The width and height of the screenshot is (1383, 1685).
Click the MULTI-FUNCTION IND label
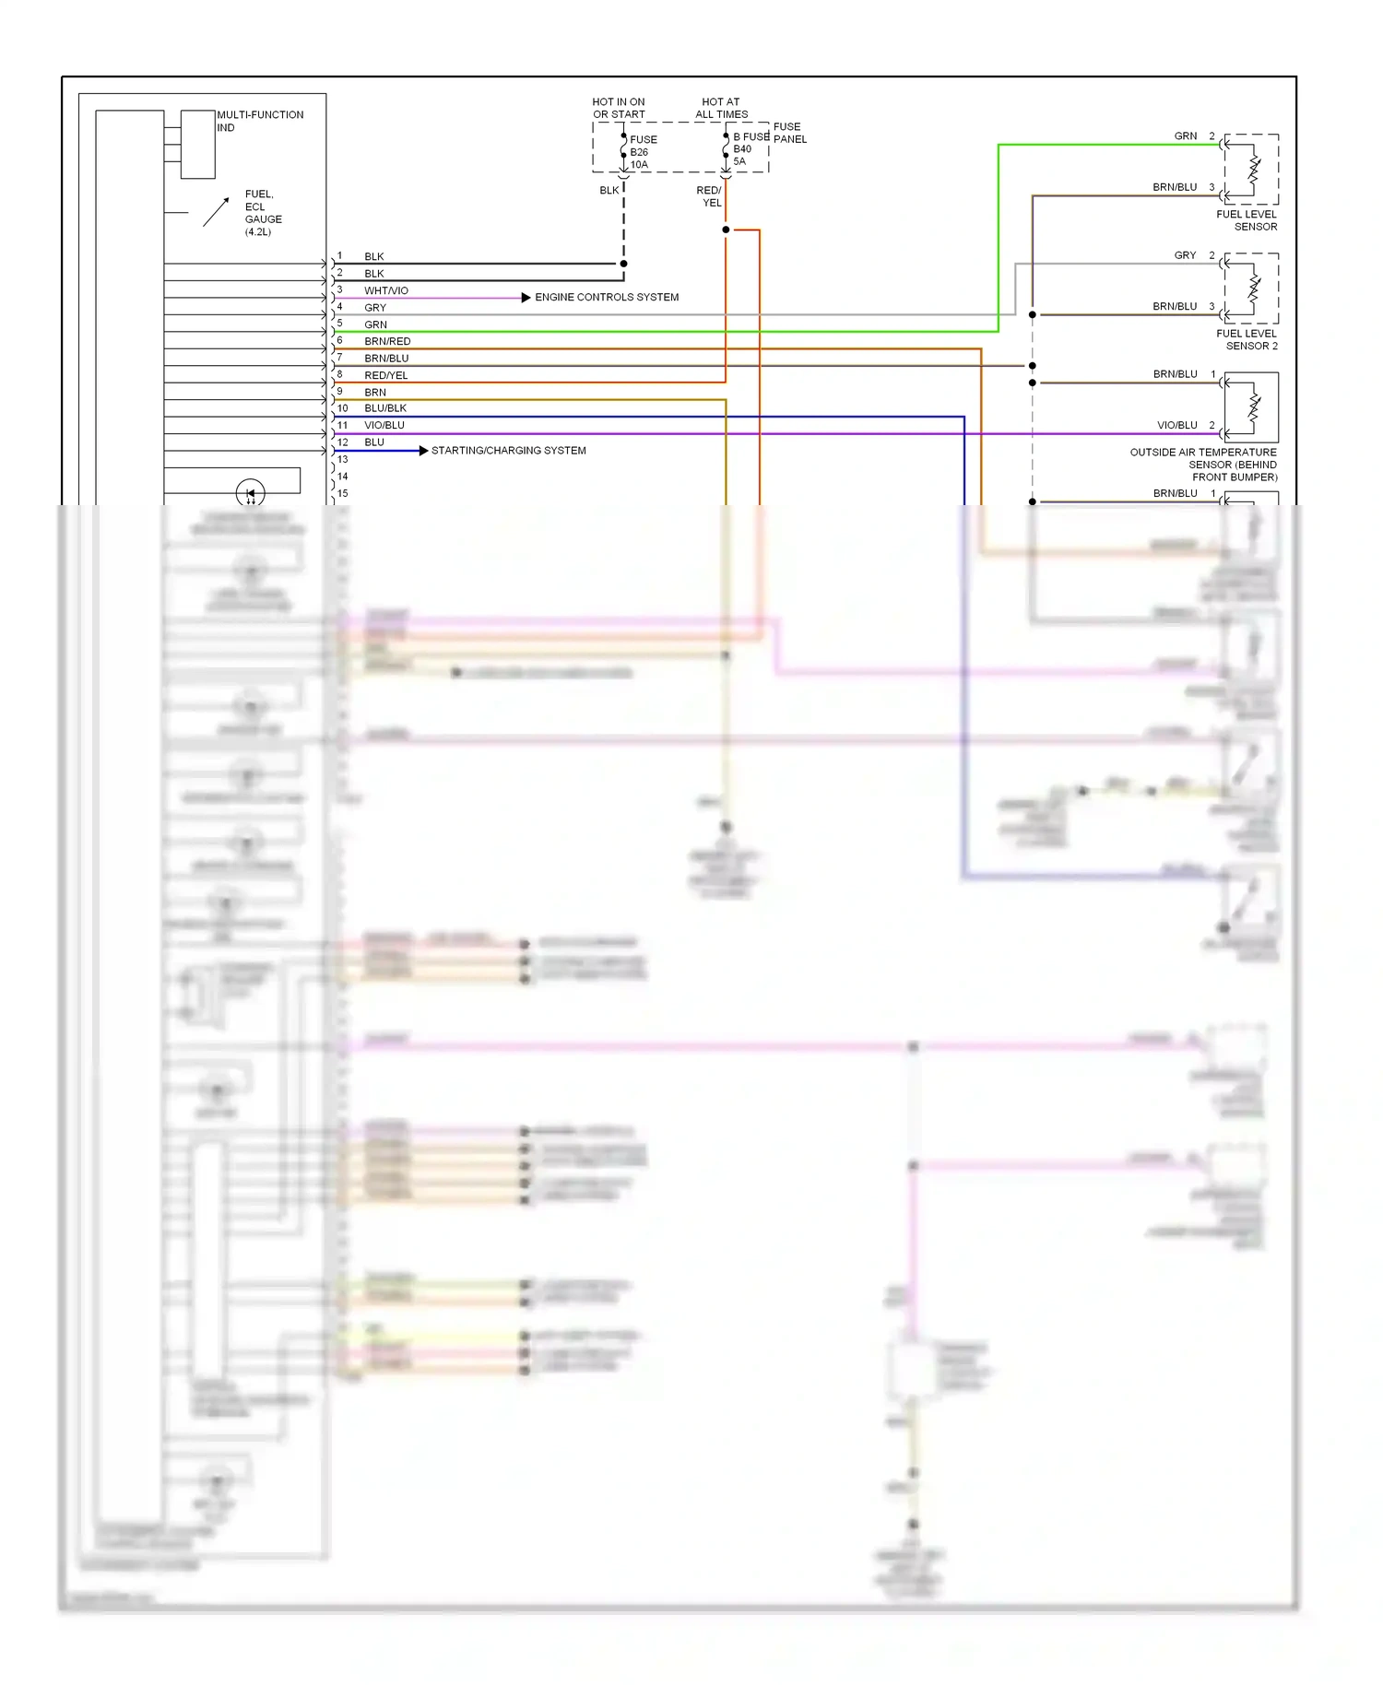[x=259, y=121]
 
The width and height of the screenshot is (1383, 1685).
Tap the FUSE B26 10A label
[x=643, y=152]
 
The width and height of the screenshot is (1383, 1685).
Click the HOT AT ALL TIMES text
[x=721, y=108]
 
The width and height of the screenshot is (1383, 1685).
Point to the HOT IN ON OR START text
[x=619, y=108]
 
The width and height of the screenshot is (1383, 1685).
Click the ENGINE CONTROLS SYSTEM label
[x=606, y=297]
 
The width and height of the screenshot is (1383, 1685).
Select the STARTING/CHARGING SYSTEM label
[x=508, y=451]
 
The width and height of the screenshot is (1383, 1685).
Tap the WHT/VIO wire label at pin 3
[x=385, y=290]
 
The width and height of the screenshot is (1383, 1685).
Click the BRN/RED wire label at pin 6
[x=387, y=341]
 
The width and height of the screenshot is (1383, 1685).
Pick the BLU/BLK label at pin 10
[x=384, y=408]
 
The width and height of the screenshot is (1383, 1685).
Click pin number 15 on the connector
[x=342, y=493]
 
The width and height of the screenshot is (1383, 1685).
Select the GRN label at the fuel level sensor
[x=1185, y=136]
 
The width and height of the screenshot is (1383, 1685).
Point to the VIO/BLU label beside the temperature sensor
[x=1176, y=425]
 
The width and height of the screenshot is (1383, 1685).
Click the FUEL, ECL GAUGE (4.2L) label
[x=262, y=213]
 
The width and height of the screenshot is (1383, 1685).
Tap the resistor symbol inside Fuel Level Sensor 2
[x=1253, y=288]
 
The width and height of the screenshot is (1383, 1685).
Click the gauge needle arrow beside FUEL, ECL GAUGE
[x=216, y=211]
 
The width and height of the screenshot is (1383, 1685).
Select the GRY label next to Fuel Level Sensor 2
[x=1185, y=255]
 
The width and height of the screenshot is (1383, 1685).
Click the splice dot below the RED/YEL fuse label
[x=726, y=230]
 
